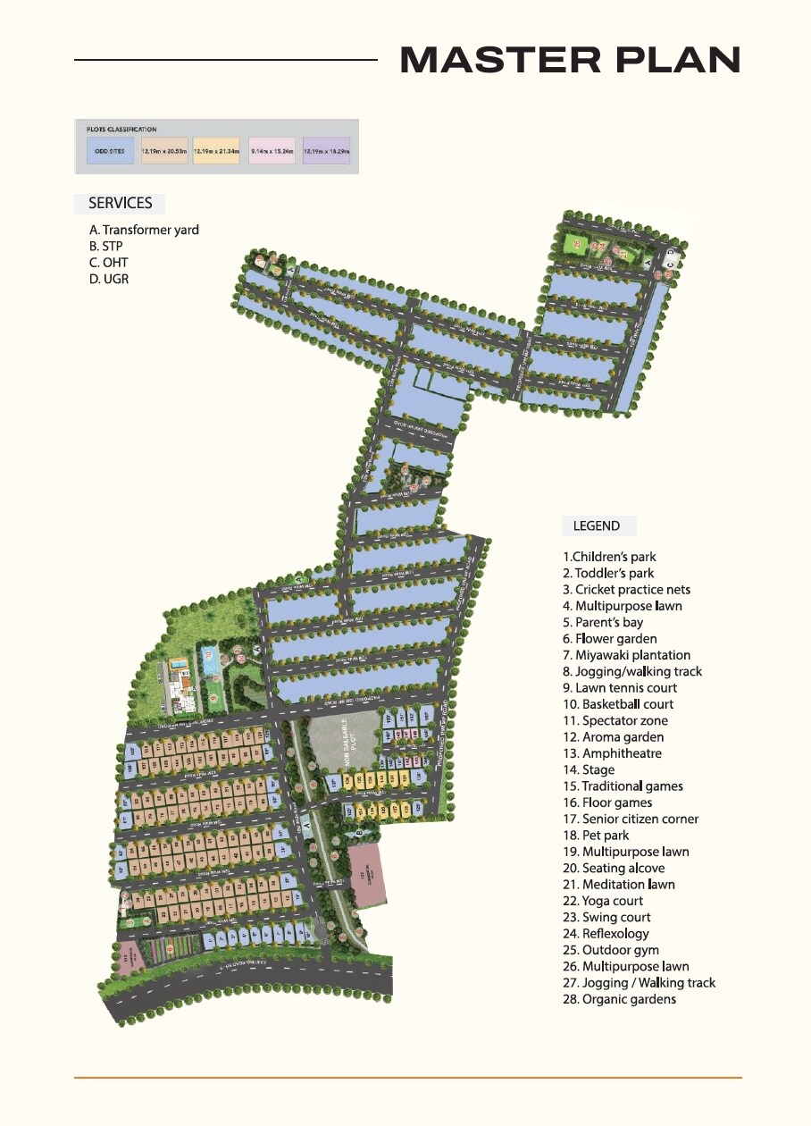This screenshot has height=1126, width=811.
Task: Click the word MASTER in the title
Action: pyautogui.click(x=496, y=60)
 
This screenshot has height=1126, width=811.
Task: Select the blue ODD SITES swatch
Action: pyautogui.click(x=111, y=151)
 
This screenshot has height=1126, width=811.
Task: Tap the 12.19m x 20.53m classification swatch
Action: pyautogui.click(x=164, y=151)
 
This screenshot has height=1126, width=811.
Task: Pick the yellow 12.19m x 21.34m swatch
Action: pyautogui.click(x=216, y=151)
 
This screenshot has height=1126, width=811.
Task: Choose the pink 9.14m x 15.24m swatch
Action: pyautogui.click(x=272, y=151)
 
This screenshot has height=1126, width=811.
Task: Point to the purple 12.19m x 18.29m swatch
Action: pyautogui.click(x=326, y=151)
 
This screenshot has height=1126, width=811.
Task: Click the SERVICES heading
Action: pyautogui.click(x=120, y=204)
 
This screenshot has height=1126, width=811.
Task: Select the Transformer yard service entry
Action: pyautogui.click(x=144, y=230)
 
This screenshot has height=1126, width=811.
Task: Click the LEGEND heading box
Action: pyautogui.click(x=597, y=525)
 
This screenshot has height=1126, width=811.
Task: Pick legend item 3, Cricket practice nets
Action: pyautogui.click(x=626, y=590)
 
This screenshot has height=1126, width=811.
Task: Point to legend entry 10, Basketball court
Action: pyautogui.click(x=618, y=704)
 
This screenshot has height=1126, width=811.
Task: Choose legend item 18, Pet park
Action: pyautogui.click(x=596, y=836)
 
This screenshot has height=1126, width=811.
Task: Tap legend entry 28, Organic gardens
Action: pyautogui.click(x=619, y=999)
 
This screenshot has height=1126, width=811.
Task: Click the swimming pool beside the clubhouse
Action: pyautogui.click(x=179, y=666)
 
